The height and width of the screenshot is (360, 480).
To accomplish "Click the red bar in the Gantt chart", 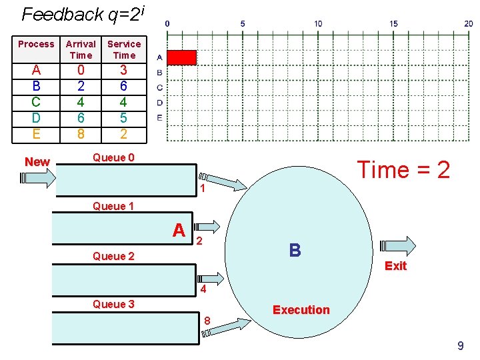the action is click(181, 57).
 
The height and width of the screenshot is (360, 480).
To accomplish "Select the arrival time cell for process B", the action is click(81, 86).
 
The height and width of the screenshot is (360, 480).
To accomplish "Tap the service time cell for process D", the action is click(124, 118).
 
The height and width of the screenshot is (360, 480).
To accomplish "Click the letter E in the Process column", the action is click(36, 134).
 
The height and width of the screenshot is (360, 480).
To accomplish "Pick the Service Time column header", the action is click(124, 49).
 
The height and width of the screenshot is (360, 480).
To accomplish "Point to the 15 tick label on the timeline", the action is click(393, 23).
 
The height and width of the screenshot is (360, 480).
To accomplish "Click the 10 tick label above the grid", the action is click(318, 23).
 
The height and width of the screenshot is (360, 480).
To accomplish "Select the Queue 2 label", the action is click(113, 256).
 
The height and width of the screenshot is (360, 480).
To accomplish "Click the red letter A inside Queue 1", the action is click(179, 230).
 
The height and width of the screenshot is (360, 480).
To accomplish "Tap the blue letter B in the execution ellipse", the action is click(295, 250).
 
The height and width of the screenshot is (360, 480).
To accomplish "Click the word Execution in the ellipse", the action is click(301, 310).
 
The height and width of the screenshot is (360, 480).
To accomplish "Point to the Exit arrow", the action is click(397, 246).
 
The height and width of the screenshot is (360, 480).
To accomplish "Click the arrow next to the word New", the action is click(37, 178).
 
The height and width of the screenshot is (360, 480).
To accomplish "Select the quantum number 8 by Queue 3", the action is click(207, 321).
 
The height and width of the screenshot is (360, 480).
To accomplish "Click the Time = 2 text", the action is click(403, 169).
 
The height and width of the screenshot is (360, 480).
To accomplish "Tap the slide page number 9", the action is click(461, 345).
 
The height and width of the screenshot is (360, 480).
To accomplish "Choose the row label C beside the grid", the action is click(159, 88).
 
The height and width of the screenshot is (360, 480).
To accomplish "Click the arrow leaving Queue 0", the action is click(223, 181).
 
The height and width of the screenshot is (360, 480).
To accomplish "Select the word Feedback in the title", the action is click(63, 15).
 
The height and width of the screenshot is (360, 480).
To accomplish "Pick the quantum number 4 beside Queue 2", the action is click(203, 289).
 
